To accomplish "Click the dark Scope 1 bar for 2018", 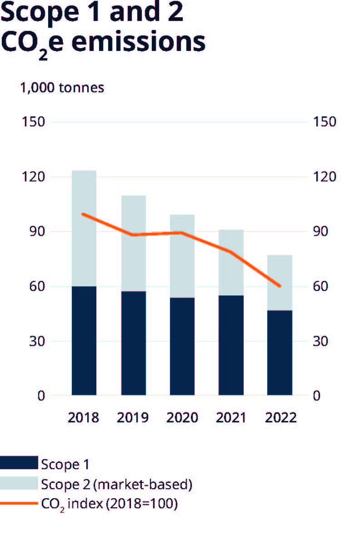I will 84,341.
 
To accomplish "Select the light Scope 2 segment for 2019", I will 133,243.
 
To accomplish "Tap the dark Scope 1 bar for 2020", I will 182,346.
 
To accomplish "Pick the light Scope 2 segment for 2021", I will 231,262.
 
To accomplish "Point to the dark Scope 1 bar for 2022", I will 280,352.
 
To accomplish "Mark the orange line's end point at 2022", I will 280,286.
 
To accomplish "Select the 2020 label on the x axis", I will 182,417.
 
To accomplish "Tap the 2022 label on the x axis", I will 280,417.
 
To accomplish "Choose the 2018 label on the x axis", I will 84,417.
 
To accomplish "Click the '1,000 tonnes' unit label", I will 61,87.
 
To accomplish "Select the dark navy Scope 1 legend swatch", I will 19,464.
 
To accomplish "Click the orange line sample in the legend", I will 19,504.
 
